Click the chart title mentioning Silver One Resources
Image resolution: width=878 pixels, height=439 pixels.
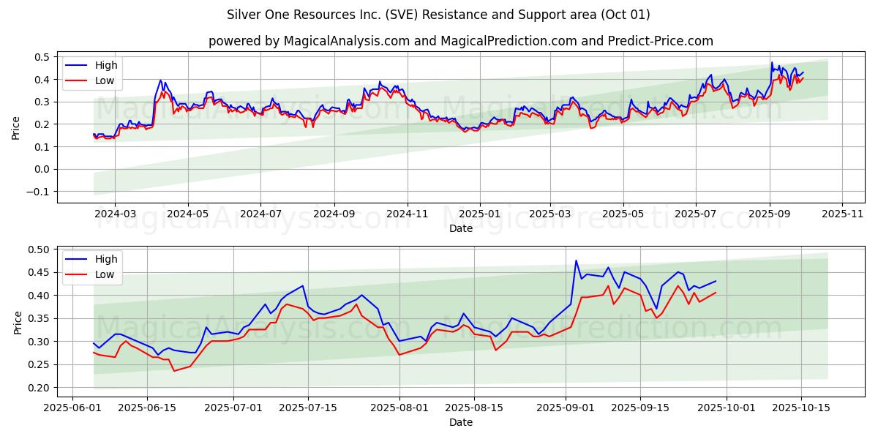coord(438,15)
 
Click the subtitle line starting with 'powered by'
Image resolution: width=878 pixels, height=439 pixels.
coord(461,41)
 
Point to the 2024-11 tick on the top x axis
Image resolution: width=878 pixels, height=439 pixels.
coord(407,214)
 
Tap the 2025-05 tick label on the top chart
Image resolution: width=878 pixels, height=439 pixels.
coord(623,214)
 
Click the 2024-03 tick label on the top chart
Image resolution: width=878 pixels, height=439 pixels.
coord(116,214)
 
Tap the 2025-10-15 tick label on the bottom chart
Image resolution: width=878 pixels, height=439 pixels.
coord(801,408)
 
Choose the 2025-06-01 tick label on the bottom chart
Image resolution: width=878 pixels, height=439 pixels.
coord(73,408)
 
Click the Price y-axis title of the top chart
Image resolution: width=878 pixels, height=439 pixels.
coord(16,127)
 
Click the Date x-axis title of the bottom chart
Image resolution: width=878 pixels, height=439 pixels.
coord(461,422)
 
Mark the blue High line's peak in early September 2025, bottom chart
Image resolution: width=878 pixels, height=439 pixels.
coord(576,260)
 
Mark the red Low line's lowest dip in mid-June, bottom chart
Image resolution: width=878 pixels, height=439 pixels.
coord(174,371)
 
